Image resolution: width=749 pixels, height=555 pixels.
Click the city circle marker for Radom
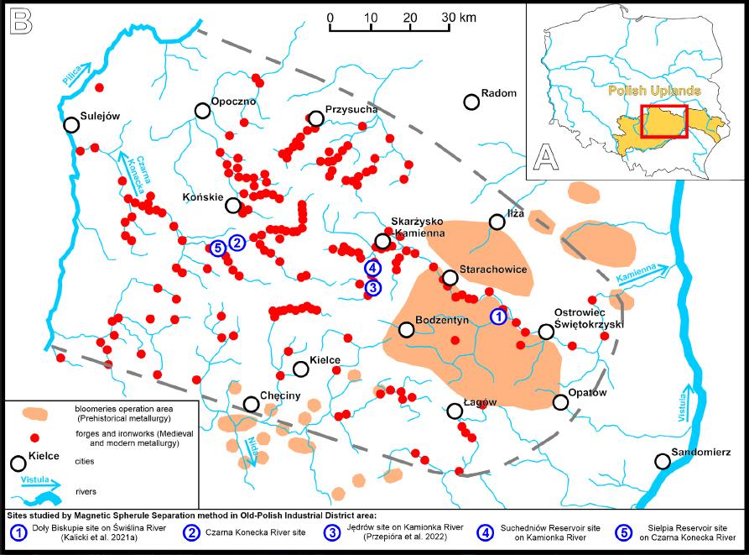point(471,102)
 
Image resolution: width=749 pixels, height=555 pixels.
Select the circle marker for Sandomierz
point(663,461)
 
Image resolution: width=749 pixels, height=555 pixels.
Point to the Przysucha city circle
point(316,119)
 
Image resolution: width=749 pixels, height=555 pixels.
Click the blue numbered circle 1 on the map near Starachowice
point(497,317)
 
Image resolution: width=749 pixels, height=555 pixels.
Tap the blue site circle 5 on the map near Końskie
point(217,248)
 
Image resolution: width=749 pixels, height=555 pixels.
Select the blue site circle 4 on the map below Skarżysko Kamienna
point(373,268)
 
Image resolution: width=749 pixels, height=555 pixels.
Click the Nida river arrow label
point(252,445)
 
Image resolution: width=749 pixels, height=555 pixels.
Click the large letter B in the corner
point(21,21)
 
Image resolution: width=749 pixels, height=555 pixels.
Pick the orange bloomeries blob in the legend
point(34,413)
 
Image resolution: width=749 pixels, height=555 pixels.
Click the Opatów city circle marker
point(561,403)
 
